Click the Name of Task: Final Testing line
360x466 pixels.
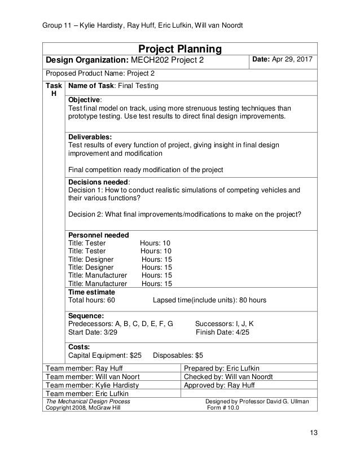(113, 86)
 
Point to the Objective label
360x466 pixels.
(85, 98)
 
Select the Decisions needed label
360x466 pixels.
(99, 182)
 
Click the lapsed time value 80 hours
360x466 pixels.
(247, 300)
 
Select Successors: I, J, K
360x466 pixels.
(224, 324)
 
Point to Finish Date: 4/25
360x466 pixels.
(222, 332)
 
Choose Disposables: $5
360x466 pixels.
(178, 356)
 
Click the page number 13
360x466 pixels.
(314, 433)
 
